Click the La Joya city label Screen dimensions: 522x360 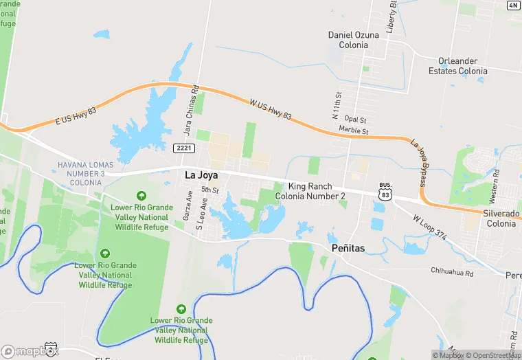[202, 175]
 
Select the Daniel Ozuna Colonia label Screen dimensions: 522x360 [354, 40]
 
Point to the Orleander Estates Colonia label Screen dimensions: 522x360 [458, 66]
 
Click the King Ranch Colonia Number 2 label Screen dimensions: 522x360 [310, 191]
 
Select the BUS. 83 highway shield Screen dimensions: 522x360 [385, 192]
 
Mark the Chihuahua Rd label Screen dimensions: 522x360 [452, 273]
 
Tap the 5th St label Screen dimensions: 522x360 [209, 190]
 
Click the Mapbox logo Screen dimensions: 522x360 [30, 351]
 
